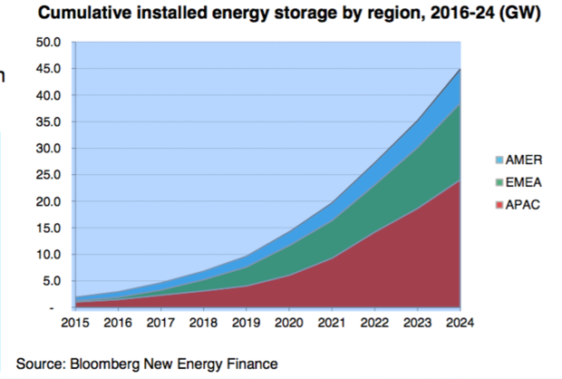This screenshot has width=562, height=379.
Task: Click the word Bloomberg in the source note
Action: (x=111, y=364)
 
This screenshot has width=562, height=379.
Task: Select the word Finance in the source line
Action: (x=252, y=364)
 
